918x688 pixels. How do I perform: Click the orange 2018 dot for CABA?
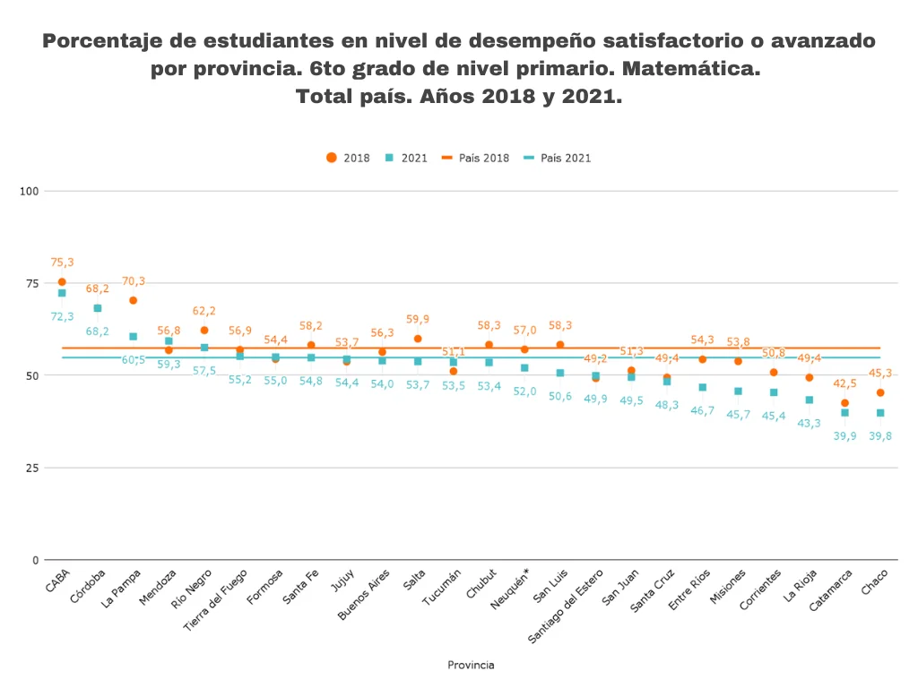pyautogui.click(x=62, y=282)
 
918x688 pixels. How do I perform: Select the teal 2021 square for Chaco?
pyautogui.click(x=880, y=413)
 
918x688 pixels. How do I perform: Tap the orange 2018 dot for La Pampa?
pyautogui.click(x=133, y=300)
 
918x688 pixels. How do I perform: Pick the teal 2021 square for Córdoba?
pyautogui.click(x=98, y=308)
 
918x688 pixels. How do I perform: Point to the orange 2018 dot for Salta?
pyautogui.click(x=418, y=339)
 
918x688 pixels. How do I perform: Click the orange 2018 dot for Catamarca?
pyautogui.click(x=844, y=403)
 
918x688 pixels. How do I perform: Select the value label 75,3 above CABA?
pyautogui.click(x=62, y=262)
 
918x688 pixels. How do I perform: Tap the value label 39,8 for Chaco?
pyautogui.click(x=880, y=436)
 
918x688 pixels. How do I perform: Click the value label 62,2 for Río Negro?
pyautogui.click(x=204, y=311)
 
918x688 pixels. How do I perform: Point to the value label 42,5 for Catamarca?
pyautogui.click(x=844, y=383)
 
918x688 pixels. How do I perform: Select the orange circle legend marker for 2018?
pyautogui.click(x=332, y=158)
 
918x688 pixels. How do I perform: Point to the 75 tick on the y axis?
pyautogui.click(x=32, y=283)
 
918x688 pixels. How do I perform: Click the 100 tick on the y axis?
pyautogui.click(x=30, y=191)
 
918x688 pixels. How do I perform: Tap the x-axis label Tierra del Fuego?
pyautogui.click(x=215, y=601)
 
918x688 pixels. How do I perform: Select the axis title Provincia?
pyautogui.click(x=471, y=665)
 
